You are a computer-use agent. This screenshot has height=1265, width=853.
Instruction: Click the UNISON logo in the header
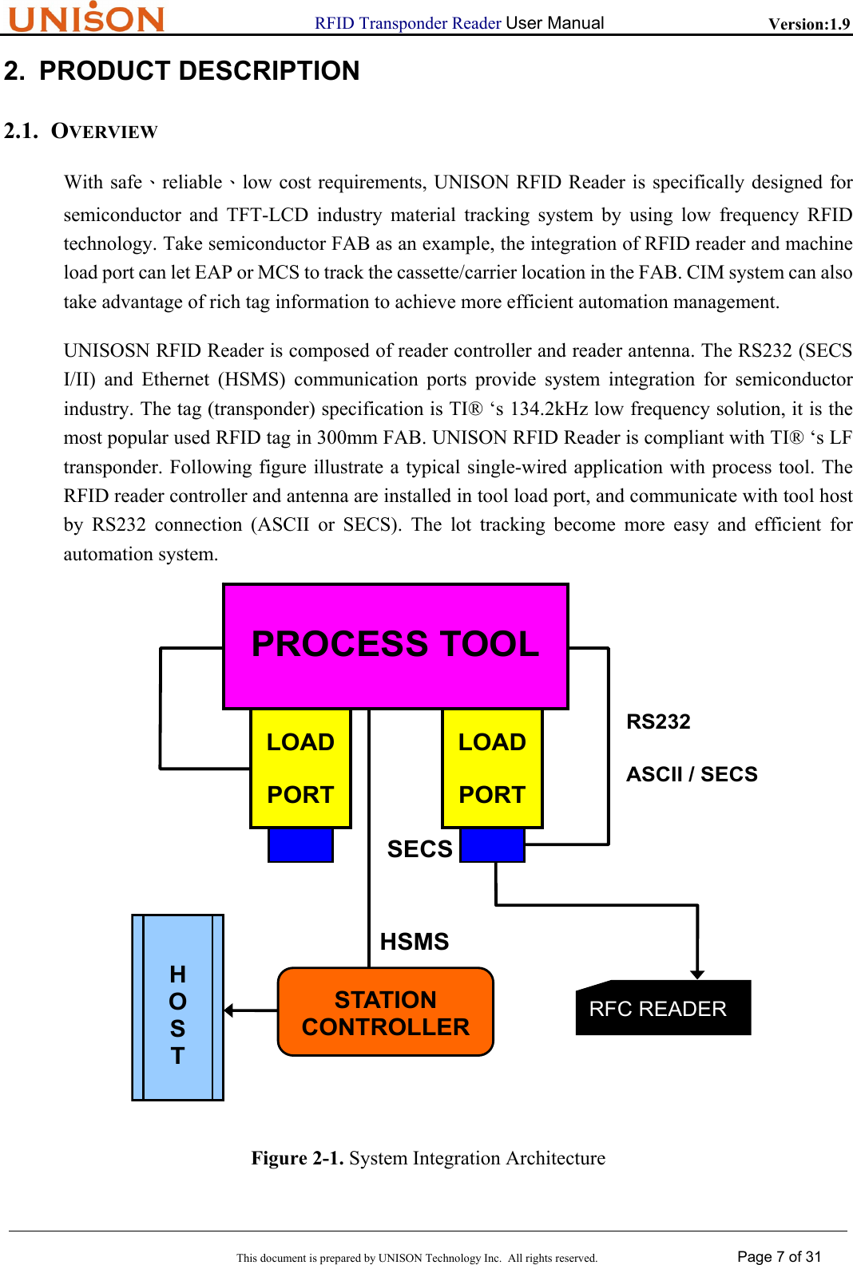point(86,18)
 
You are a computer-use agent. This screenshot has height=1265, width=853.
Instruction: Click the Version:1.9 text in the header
point(808,24)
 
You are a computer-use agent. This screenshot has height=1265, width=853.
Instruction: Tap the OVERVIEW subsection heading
point(104,132)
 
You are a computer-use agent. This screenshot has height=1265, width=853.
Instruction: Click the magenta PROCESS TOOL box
point(395,646)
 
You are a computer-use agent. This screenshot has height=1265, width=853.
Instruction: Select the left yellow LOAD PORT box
point(300,768)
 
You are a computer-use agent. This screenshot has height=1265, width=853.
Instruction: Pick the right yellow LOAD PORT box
point(492,768)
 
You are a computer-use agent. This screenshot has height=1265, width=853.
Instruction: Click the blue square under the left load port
point(300,845)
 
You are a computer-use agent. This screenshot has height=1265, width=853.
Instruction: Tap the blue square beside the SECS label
point(492,845)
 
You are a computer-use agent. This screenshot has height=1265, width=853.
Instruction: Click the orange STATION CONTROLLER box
point(386,1012)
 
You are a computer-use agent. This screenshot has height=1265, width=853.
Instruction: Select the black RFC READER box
point(663,1009)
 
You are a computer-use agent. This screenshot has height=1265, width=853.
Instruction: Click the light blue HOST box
point(177,1007)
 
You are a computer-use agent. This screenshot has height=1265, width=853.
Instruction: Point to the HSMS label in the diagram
point(414,942)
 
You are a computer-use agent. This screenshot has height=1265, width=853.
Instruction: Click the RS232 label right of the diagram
point(658,721)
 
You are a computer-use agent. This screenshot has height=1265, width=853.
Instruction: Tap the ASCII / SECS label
point(692,774)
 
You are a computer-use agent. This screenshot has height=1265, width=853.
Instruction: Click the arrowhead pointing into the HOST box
point(229,1010)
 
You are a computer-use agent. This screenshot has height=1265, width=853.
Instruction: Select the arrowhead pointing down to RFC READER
point(697,974)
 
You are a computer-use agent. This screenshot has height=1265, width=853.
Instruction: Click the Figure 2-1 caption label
point(297,1158)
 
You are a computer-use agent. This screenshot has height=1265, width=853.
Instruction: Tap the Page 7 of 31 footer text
point(779,1256)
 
